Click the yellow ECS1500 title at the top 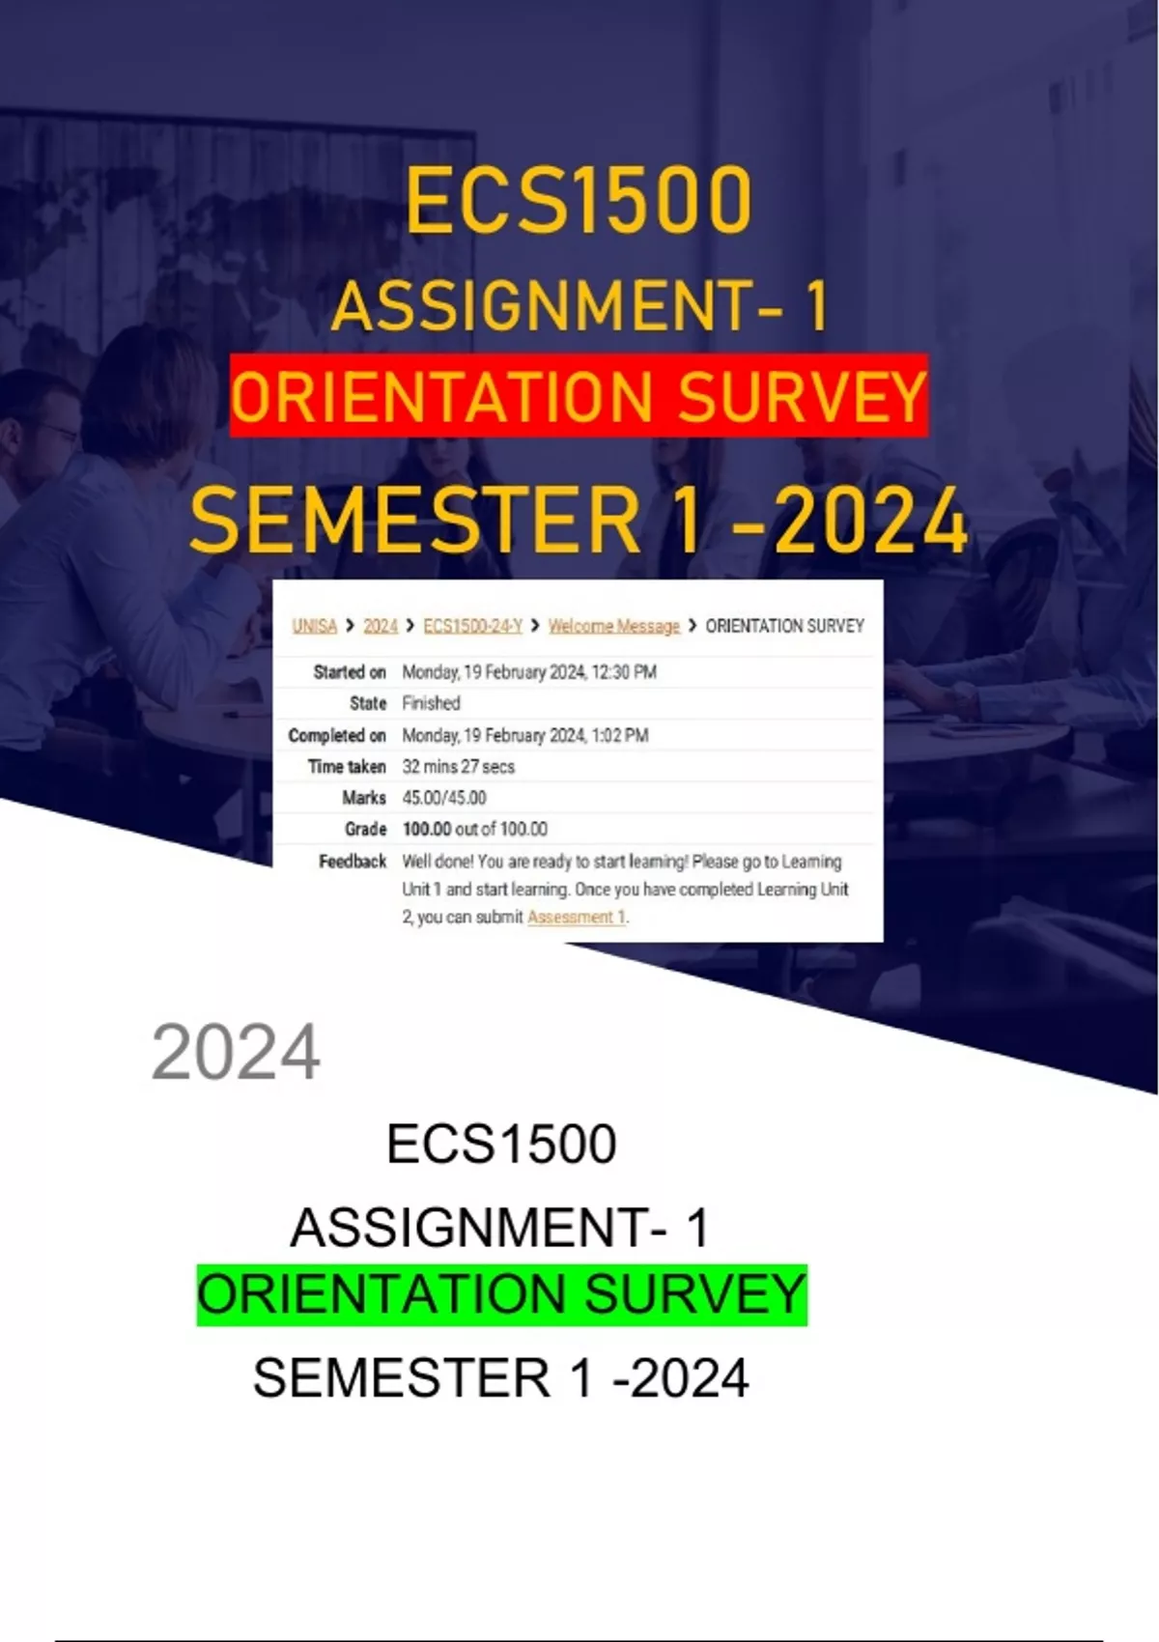pos(579,200)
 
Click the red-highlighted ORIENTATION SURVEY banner pos(579,396)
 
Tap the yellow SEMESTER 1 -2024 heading pos(579,522)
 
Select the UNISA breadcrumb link pos(315,626)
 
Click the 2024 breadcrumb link pos(381,626)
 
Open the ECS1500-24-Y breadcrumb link pos(473,626)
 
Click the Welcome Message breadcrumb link pos(614,626)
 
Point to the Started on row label pos(350,672)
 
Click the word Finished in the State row pos(431,704)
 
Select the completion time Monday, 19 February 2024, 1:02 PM pos(525,735)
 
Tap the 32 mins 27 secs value pos(458,767)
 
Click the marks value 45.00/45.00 pos(444,798)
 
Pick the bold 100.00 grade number pos(427,829)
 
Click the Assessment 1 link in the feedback pos(577,917)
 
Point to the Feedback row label pos(353,862)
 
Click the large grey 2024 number pos(236,1053)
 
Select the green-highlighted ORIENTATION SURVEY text pos(502,1294)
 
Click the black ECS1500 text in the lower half pos(501,1145)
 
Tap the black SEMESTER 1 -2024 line pos(500,1378)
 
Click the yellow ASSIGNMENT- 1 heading pos(579,306)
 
